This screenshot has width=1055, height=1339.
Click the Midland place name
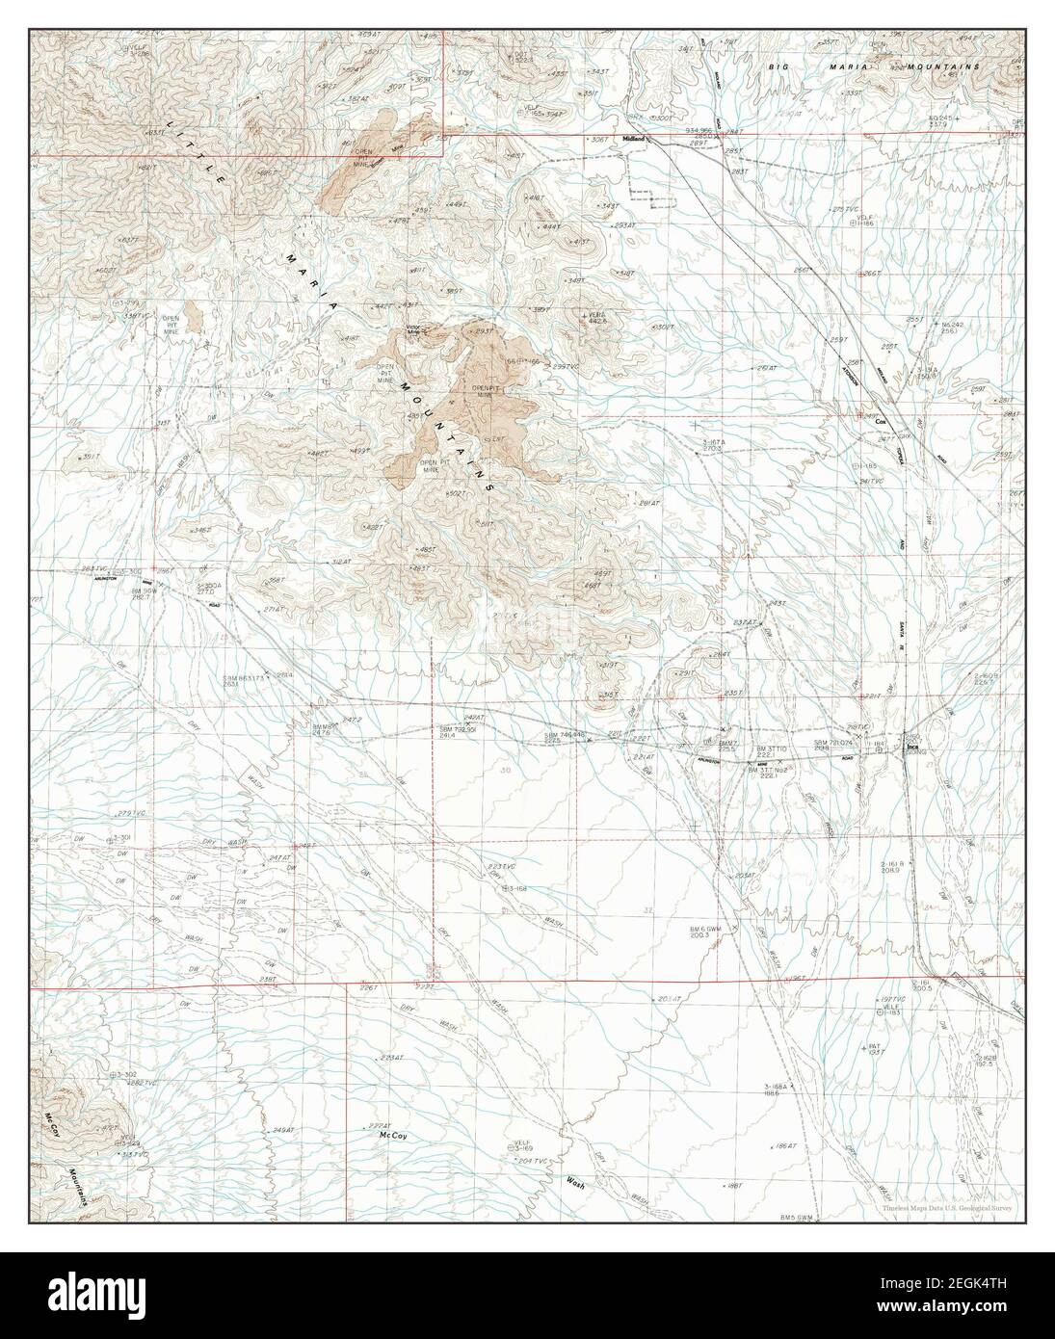[x=633, y=139]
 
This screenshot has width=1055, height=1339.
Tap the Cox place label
[x=880, y=422]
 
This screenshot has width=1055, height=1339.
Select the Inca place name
[x=910, y=745]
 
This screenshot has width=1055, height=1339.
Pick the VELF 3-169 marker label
[x=522, y=1144]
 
